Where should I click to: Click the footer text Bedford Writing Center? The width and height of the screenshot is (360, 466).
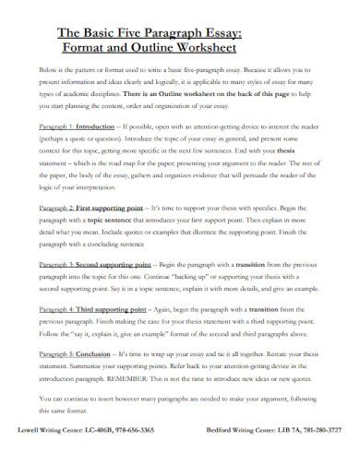click(230, 456)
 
